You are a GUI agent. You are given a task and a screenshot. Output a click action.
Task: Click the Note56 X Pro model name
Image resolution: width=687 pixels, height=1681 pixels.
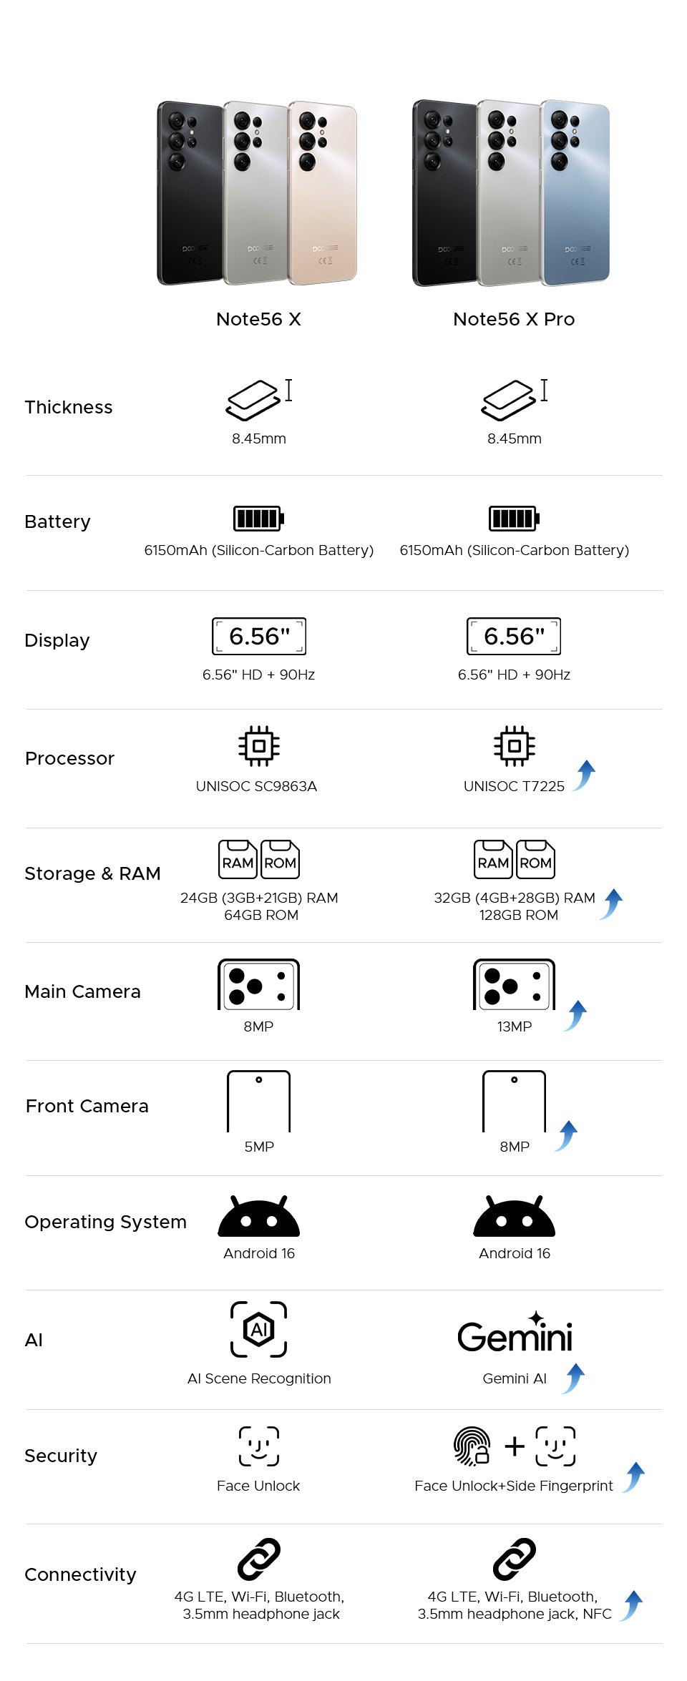514,319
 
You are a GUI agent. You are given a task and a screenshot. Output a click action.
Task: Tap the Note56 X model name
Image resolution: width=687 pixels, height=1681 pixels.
258,319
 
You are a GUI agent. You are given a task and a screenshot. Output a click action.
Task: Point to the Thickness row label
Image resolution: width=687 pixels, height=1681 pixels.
69,407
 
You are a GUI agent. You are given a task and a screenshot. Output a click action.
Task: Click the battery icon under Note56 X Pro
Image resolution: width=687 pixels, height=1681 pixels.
514,518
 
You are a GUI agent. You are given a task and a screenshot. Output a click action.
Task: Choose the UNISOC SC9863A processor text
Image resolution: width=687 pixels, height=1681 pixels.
256,786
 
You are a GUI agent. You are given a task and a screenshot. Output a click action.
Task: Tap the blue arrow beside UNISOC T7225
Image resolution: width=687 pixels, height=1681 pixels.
585,775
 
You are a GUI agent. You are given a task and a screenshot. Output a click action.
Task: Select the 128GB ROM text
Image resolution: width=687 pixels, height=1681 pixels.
518,915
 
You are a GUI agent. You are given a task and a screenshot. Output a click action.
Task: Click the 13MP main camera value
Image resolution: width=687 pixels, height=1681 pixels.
515,1026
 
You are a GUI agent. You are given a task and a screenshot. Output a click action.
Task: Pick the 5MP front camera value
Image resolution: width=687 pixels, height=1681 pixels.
259,1147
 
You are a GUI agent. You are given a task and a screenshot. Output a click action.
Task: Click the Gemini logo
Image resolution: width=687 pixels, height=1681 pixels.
515,1334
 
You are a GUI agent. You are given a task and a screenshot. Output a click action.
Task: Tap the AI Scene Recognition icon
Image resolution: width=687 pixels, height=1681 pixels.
258,1329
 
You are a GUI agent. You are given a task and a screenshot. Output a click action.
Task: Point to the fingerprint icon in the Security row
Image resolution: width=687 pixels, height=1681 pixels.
472,1446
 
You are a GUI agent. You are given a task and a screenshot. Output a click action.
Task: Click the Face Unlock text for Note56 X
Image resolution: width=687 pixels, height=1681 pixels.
258,1486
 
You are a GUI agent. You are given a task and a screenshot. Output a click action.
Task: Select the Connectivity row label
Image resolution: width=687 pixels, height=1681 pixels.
80,1574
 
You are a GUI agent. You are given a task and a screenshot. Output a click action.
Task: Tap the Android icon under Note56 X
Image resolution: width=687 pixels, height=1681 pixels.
258,1217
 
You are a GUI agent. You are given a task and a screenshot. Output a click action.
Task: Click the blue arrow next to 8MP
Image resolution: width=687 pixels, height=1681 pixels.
567,1135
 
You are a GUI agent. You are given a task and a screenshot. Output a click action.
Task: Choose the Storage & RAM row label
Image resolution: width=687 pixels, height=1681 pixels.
92,873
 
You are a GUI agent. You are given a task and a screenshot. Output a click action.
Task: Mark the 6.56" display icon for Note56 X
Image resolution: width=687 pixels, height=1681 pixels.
258,636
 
